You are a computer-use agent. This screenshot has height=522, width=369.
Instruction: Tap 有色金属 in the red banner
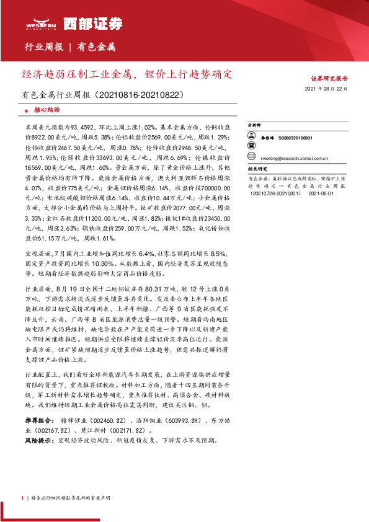(x=96, y=46)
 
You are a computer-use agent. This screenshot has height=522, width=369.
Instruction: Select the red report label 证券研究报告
(x=329, y=79)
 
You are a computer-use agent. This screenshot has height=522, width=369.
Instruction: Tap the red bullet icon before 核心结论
(x=26, y=110)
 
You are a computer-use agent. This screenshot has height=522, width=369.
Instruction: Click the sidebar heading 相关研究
(x=257, y=169)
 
